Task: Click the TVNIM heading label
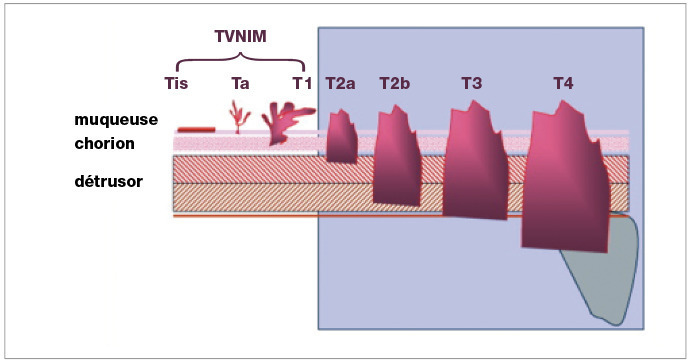pyautogui.click(x=240, y=36)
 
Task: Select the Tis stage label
pyautogui.click(x=176, y=83)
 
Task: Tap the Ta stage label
pyautogui.click(x=240, y=83)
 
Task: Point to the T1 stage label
pyautogui.click(x=303, y=83)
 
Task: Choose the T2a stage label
pyautogui.click(x=341, y=83)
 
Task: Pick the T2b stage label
pyautogui.click(x=395, y=83)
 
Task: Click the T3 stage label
pyautogui.click(x=472, y=83)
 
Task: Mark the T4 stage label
pyautogui.click(x=564, y=83)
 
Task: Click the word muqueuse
pyautogui.click(x=116, y=120)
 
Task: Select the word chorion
pyautogui.click(x=105, y=143)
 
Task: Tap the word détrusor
pyautogui.click(x=109, y=181)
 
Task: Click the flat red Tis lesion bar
pyautogui.click(x=196, y=129)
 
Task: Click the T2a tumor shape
pyautogui.click(x=342, y=137)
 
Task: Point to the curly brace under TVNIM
pyautogui.click(x=240, y=58)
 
